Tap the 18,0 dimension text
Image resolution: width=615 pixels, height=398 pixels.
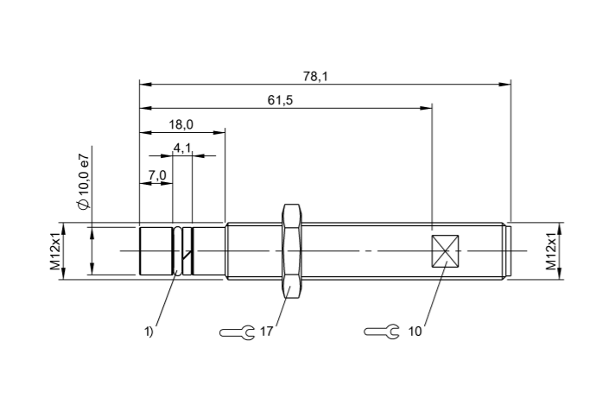click(181, 125)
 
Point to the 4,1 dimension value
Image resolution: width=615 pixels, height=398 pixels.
click(182, 148)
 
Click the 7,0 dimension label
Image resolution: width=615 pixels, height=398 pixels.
click(156, 175)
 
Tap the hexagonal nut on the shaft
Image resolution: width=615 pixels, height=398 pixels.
click(291, 250)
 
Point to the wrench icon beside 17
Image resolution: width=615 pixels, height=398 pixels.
click(236, 332)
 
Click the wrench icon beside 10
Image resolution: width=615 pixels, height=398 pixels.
click(381, 332)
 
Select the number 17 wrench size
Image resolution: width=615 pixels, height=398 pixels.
click(266, 332)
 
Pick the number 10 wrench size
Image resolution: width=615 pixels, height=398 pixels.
click(415, 332)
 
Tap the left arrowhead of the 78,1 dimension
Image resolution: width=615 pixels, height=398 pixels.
click(144, 85)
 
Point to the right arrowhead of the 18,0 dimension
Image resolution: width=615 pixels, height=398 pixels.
click(220, 132)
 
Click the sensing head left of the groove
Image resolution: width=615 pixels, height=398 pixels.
click(156, 251)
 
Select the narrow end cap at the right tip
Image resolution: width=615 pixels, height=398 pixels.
click(508, 251)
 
